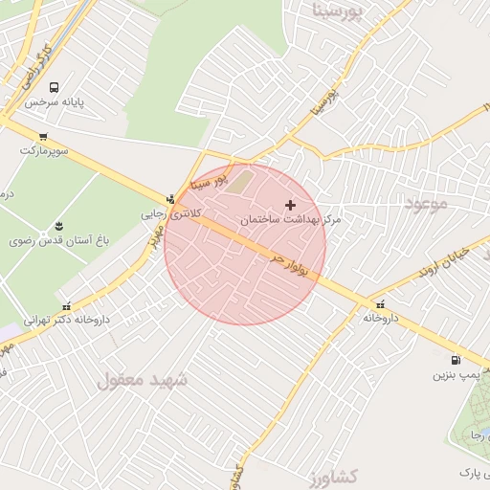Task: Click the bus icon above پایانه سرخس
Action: click(54, 87)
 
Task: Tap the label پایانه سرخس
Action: click(56, 101)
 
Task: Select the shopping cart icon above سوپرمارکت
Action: click(43, 137)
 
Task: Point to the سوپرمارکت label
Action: click(44, 150)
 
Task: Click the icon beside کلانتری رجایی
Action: click(170, 199)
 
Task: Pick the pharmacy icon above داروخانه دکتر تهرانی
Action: click(66, 306)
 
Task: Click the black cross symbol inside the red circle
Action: click(291, 205)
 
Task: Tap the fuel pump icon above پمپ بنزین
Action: click(455, 361)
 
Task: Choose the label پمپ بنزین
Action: click(455, 375)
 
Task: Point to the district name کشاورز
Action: click(335, 476)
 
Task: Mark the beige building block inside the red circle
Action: click(241, 181)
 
